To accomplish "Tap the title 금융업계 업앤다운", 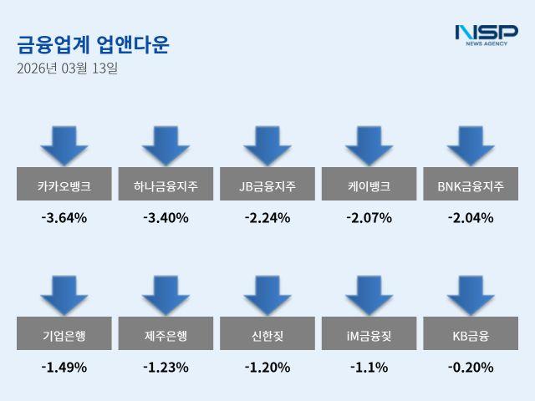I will pos(93,44).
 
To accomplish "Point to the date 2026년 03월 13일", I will pos(67,69).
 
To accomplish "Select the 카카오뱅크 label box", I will pos(64,185).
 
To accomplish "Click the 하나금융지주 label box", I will pos(166,185).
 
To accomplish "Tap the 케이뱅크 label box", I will pos(369,185).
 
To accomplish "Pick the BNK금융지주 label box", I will pos(471,185).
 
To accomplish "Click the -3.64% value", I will pos(64,219).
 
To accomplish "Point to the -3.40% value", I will pos(166,219).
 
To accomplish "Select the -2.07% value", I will pos(369,219).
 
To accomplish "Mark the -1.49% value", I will pos(64,367).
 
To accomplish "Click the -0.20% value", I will pos(471,367).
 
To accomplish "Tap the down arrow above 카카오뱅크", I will pos(64,145).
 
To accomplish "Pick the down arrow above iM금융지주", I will pos(369,295).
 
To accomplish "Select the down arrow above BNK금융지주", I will pos(471,145).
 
